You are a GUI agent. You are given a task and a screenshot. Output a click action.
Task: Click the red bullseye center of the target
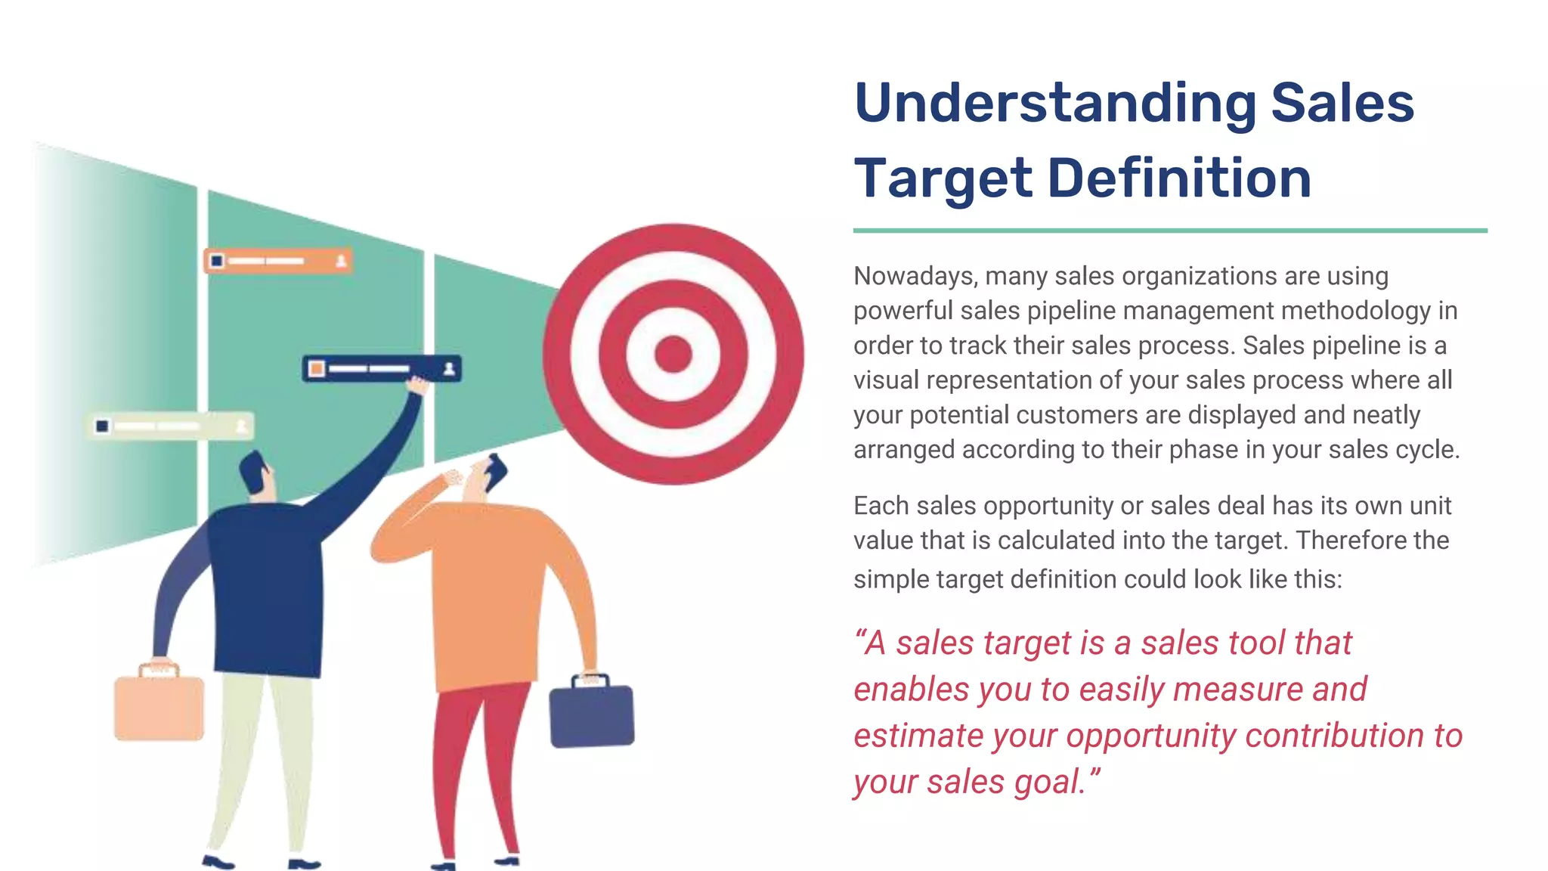click(673, 354)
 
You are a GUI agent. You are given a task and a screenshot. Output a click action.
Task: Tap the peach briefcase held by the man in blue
click(159, 708)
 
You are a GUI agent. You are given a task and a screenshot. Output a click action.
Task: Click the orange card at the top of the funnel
click(278, 261)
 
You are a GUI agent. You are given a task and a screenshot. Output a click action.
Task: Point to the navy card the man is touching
click(381, 369)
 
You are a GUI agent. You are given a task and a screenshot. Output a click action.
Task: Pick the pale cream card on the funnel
click(171, 426)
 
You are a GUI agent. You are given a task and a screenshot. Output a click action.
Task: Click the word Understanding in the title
click(1055, 104)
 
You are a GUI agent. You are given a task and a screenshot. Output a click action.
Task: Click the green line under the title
click(1170, 230)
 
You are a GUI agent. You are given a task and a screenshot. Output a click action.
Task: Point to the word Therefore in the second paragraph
click(1351, 541)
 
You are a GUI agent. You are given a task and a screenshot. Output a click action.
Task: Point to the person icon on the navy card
click(449, 369)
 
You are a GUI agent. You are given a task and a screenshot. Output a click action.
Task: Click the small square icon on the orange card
click(217, 261)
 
